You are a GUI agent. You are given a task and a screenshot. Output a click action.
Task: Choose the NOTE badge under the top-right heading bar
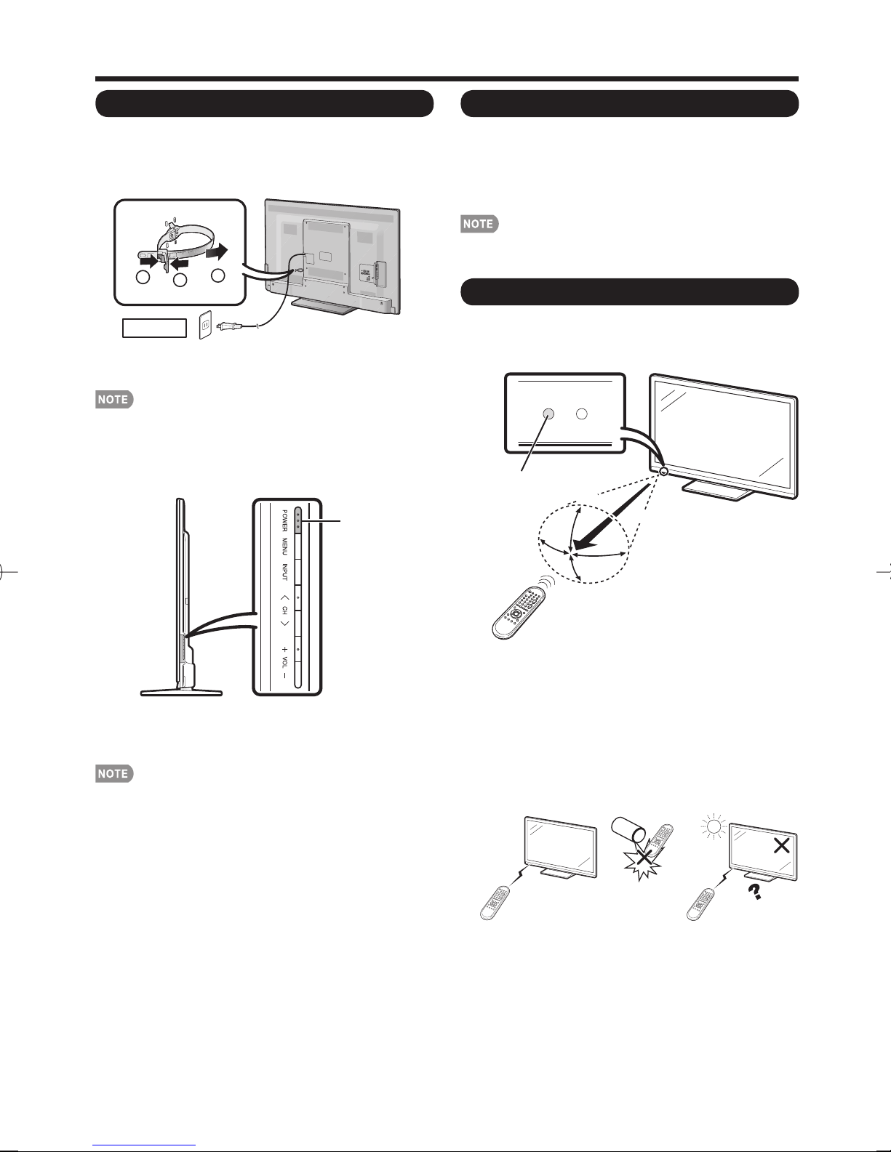click(480, 225)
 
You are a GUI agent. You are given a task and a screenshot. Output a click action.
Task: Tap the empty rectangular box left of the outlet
click(153, 329)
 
